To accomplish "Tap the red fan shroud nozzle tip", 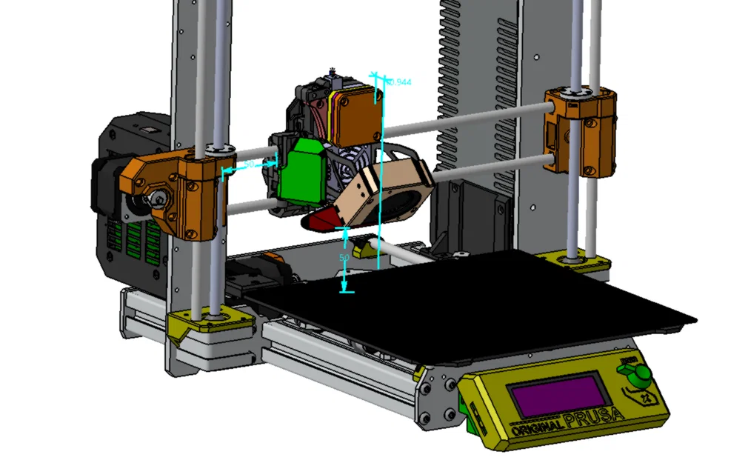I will tap(320, 220).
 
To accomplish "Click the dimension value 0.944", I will tap(399, 82).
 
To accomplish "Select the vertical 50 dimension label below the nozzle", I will tap(344, 258).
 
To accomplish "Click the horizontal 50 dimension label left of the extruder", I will tap(249, 164).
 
